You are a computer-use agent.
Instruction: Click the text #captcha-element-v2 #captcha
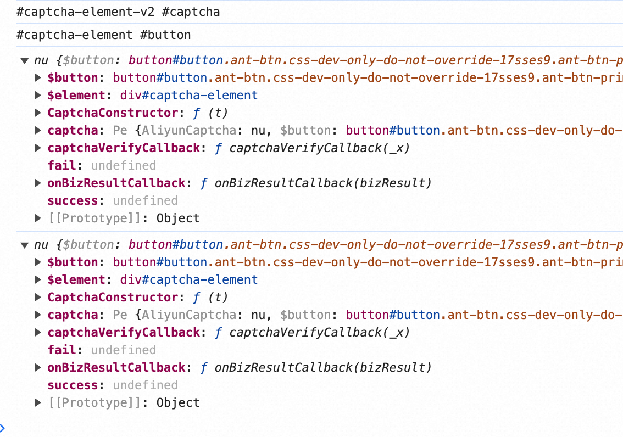[x=118, y=12]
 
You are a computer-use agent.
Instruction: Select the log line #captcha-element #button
[x=104, y=35]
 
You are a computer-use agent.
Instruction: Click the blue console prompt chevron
[x=2, y=428]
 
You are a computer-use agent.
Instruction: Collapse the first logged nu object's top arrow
[x=24, y=60]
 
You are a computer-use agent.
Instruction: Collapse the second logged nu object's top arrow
[x=24, y=245]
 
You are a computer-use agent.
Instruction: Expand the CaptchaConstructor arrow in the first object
[x=38, y=113]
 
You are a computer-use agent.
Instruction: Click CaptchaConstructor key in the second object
[x=110, y=298]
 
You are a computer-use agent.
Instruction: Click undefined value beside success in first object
[x=145, y=201]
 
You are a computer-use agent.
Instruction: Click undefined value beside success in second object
[x=145, y=385]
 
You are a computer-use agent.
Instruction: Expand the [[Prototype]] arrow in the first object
[x=38, y=218]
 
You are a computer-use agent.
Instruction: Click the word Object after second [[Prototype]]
[x=177, y=403]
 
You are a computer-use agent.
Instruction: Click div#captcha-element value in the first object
[x=189, y=96]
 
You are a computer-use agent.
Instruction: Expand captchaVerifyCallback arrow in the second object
[x=38, y=333]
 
